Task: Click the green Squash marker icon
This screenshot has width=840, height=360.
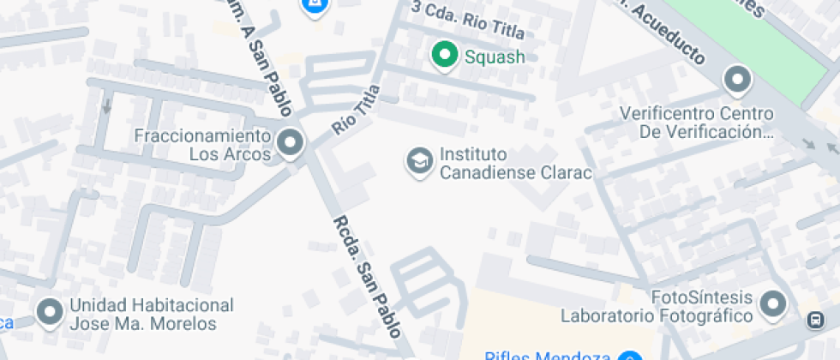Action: [x=444, y=57]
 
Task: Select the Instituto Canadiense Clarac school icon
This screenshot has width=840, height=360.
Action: [x=419, y=161]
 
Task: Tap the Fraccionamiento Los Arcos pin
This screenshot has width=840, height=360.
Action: [x=291, y=143]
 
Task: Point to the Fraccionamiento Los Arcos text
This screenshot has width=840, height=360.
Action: [x=203, y=146]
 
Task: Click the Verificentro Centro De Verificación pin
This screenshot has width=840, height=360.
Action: [x=736, y=81]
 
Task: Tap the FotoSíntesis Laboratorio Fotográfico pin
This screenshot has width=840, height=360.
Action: [x=774, y=303]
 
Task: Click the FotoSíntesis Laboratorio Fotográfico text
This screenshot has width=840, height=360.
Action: [x=657, y=307]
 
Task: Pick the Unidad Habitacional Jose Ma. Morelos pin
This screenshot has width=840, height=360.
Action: [x=51, y=313]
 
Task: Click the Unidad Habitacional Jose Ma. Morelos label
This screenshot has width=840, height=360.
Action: [x=151, y=315]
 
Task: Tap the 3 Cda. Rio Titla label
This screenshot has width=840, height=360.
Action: [x=466, y=21]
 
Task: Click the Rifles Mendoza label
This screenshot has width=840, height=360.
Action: [x=547, y=355]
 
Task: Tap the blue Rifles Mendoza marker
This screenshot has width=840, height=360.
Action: [x=631, y=357]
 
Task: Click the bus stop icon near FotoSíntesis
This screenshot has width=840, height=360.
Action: [x=815, y=321]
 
